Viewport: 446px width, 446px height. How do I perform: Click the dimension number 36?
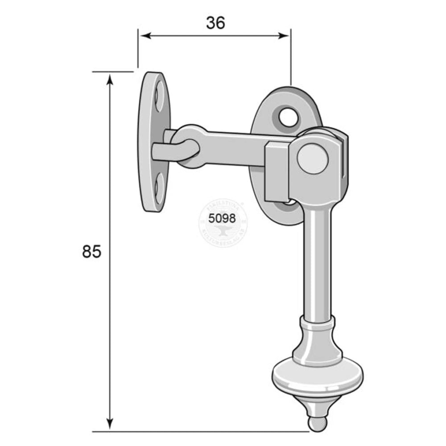click(215, 23)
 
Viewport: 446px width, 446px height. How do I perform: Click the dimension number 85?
click(91, 252)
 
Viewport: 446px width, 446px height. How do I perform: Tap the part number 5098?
click(222, 219)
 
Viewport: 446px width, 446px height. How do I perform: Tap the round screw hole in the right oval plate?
click(286, 117)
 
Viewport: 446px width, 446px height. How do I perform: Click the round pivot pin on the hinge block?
click(313, 158)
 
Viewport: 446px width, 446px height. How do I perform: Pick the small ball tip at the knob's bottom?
click(317, 424)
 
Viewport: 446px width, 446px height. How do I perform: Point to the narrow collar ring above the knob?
click(317, 320)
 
